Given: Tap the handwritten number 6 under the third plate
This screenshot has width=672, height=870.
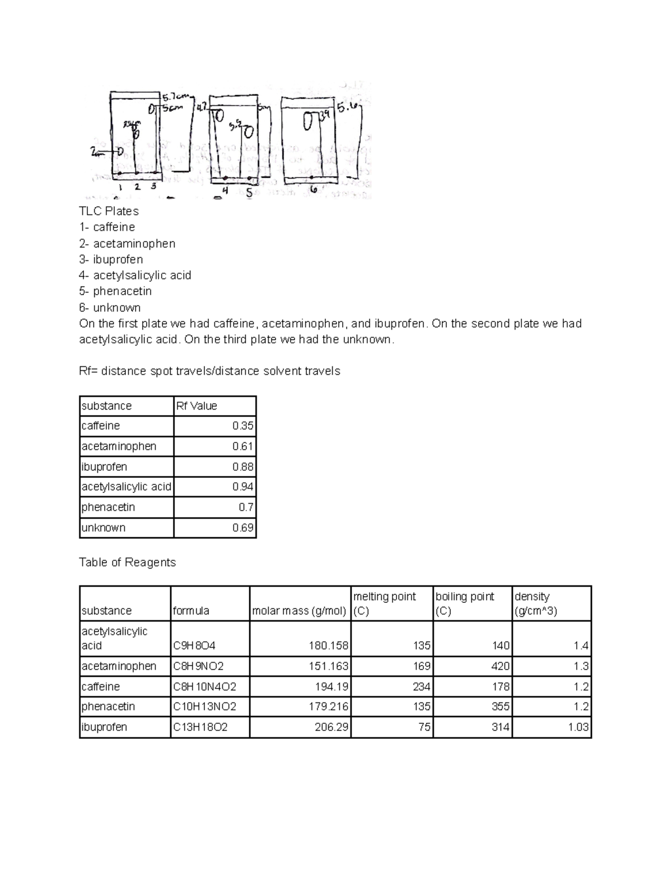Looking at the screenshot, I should point(314,189).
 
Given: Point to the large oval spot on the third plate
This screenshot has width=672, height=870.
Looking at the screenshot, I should point(308,120).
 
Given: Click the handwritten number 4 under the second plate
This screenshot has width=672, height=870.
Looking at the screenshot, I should point(225,190).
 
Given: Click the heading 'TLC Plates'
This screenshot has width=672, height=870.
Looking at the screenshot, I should point(109,211).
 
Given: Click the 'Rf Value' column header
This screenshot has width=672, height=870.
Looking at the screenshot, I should point(197,406).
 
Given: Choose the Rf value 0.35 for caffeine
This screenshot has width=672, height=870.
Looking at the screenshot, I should point(242,426).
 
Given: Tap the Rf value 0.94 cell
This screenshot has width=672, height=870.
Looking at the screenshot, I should point(242,487).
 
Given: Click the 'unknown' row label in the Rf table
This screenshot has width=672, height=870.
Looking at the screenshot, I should point(104,528).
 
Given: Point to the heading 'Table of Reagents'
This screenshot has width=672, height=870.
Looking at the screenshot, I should point(128,562).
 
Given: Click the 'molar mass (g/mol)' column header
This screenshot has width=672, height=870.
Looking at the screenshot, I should point(299,611).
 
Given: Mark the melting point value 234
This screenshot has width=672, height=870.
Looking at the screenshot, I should point(421,687).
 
